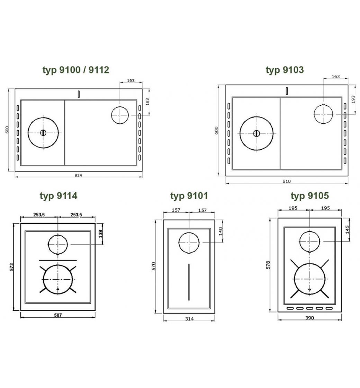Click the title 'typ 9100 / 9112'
point(76,70)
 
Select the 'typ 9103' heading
point(285,70)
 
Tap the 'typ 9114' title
point(58,196)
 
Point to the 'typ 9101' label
point(189,196)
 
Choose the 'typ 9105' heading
point(309,196)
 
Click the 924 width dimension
point(78,175)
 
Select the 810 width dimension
point(287,181)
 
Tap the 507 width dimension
point(58,315)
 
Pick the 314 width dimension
point(189,319)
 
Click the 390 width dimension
point(309,318)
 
